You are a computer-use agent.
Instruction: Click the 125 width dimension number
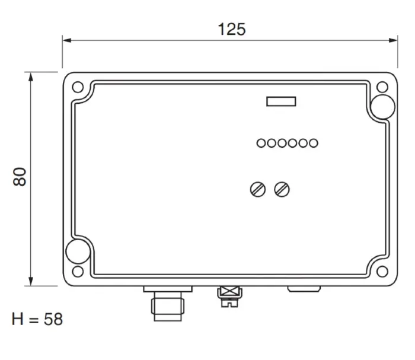[232, 29]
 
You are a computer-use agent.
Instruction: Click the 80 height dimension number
[20, 177]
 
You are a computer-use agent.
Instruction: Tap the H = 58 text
[37, 319]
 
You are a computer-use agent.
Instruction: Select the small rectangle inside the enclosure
[281, 101]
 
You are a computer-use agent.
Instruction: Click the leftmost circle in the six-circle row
[261, 143]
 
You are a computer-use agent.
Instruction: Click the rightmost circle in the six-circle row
[314, 143]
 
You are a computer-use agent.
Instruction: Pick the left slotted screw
[258, 190]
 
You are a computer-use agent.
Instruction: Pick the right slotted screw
[282, 190]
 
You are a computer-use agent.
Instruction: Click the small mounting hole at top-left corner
[78, 87]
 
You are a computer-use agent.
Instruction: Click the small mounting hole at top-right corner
[382, 87]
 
